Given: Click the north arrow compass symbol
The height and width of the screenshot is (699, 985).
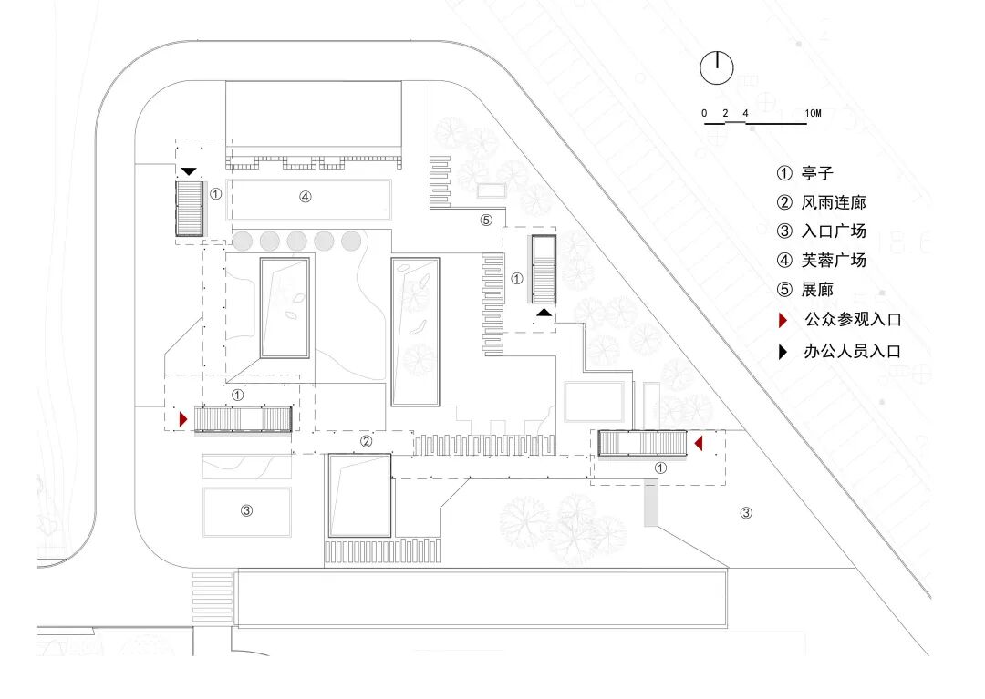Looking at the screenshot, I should click(x=717, y=68).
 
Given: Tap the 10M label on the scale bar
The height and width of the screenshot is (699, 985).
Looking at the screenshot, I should click(x=813, y=114).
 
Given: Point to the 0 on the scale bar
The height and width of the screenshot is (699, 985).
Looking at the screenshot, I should click(x=704, y=114).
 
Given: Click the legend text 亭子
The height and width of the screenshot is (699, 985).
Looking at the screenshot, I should click(x=817, y=172).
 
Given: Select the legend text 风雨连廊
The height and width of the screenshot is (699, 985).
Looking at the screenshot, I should click(x=834, y=201).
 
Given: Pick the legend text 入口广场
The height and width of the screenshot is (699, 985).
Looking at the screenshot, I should click(x=834, y=231).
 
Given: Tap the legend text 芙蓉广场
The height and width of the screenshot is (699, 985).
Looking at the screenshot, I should click(x=834, y=260).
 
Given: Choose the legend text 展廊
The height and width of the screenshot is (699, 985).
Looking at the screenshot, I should click(x=817, y=290).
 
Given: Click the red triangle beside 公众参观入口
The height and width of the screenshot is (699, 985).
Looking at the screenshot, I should click(x=782, y=320).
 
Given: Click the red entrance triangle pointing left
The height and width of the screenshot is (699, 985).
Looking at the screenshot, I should click(x=698, y=444).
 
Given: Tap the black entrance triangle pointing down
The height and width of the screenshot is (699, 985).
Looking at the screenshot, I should click(x=189, y=170).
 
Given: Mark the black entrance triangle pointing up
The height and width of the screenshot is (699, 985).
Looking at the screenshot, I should click(x=544, y=313).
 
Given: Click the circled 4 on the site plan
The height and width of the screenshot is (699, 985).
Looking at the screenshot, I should click(x=306, y=196).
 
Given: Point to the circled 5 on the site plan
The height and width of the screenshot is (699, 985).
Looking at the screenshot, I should click(x=486, y=220).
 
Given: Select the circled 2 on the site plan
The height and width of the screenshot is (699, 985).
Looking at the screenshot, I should click(x=366, y=442).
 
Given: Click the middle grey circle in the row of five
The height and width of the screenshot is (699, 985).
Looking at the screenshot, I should click(x=296, y=241).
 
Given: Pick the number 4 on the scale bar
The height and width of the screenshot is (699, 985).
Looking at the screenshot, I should click(x=746, y=114).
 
